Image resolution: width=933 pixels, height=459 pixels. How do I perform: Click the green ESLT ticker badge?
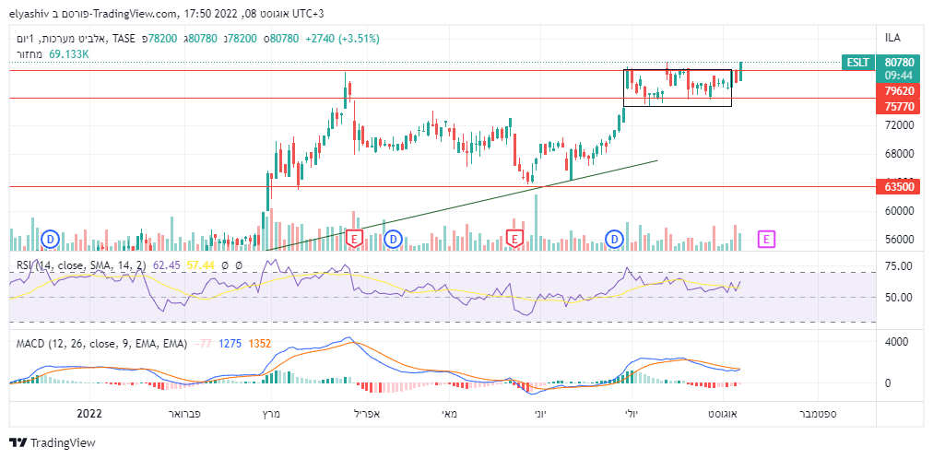coord(857,63)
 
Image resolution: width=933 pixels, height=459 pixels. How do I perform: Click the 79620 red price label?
coord(899,91)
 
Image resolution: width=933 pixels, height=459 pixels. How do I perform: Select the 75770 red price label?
coord(899,107)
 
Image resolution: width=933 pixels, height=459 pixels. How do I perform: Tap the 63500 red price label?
coord(899,186)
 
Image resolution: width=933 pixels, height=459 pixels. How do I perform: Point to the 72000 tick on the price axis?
coord(899,124)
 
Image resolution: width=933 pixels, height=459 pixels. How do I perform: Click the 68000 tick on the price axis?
coord(899,153)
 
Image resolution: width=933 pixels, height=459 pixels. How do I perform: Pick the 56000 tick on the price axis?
coord(899,239)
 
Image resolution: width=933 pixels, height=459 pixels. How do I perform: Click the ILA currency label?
coord(892,38)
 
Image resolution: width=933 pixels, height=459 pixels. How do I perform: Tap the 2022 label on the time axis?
coord(89,414)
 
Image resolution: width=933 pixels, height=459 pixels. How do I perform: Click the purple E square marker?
coord(767,239)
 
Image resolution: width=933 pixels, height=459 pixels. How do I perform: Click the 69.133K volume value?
coord(69,55)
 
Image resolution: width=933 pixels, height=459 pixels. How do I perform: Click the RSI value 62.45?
coord(167,265)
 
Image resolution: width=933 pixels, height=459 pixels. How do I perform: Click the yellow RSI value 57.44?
coord(201,265)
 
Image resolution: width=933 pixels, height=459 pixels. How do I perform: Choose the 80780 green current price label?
coord(899,62)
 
